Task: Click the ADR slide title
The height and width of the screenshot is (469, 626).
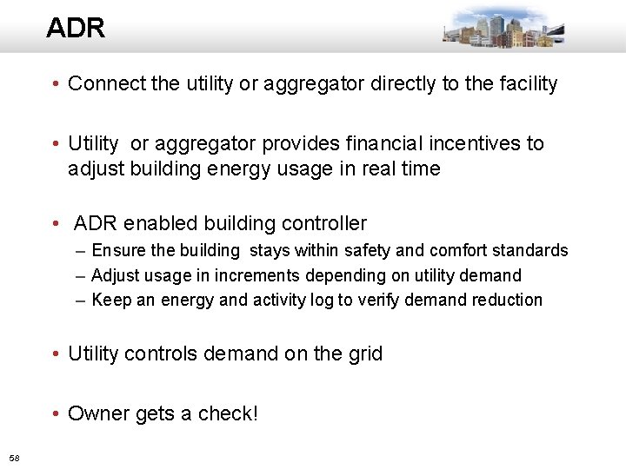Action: (x=76, y=28)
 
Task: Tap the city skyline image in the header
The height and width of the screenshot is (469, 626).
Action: (x=503, y=28)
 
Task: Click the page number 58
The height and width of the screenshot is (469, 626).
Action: (x=14, y=457)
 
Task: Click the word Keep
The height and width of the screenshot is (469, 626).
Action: (x=110, y=300)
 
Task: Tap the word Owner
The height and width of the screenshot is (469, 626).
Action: (x=97, y=413)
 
